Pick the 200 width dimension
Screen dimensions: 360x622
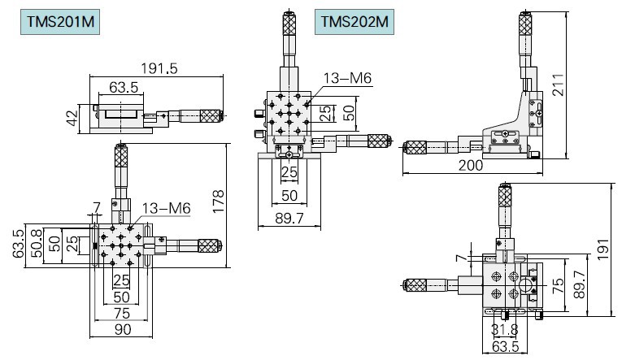coord(469,165)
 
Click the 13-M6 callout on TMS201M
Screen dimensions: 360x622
coord(166,210)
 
